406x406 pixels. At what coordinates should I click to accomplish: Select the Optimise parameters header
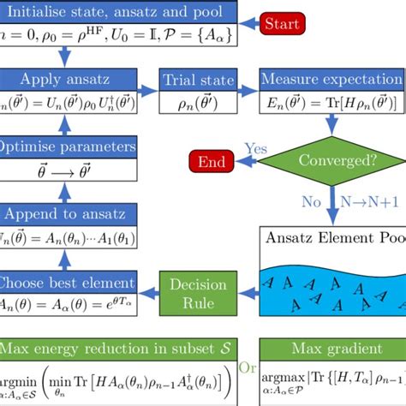tap(69, 146)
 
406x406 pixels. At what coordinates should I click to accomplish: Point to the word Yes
tap(253, 148)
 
